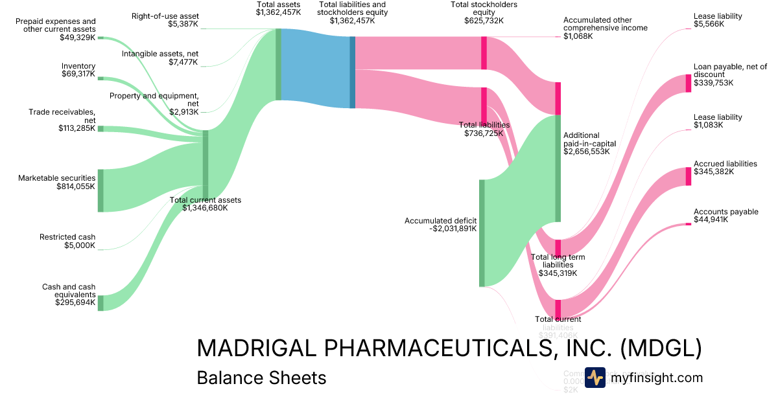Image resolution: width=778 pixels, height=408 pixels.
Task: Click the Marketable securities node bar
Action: [x=100, y=190]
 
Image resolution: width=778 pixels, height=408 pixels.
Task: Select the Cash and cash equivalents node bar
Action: [x=100, y=302]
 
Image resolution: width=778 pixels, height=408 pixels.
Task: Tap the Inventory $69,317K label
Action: [x=78, y=70]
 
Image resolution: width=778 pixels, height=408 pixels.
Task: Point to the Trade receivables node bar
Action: [x=100, y=129]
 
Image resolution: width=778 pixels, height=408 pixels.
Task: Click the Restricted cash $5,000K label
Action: [x=67, y=242]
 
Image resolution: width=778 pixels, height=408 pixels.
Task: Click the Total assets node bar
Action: [x=278, y=64]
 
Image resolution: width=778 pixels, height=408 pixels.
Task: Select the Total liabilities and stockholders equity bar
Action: [x=353, y=72]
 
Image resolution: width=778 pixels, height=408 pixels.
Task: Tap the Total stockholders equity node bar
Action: [x=484, y=52]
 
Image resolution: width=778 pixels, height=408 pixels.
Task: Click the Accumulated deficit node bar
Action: [x=482, y=233]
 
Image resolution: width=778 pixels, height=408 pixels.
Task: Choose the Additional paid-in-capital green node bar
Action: [x=558, y=168]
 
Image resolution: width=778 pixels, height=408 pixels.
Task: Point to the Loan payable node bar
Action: [x=689, y=84]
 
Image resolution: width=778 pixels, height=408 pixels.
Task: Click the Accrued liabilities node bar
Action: [x=689, y=176]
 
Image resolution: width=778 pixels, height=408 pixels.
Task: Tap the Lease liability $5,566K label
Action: [x=718, y=19]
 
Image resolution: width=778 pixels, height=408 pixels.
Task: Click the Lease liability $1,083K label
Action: [x=718, y=121]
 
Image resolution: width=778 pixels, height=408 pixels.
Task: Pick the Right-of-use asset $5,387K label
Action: [x=165, y=20]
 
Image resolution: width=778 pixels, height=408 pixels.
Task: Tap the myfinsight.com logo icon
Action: [x=595, y=378]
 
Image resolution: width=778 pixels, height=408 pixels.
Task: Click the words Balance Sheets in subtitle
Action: [x=261, y=378]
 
